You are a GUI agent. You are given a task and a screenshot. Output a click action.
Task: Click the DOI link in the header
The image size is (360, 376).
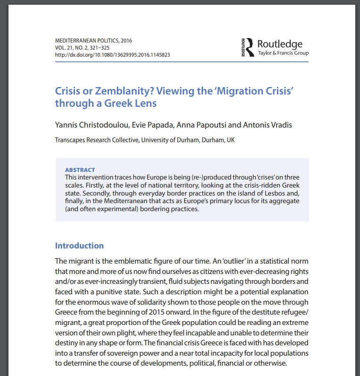coord(112,55)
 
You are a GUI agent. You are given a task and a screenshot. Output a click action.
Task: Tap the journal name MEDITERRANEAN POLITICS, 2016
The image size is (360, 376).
coord(93,41)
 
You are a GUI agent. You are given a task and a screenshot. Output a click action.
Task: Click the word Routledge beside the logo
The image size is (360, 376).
coord(280,44)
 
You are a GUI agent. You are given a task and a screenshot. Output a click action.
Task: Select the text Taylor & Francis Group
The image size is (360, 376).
coord(283,53)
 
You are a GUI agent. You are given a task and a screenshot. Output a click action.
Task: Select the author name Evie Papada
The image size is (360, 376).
coord(147,125)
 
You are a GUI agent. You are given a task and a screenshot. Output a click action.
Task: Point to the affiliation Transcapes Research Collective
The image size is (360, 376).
coord(96,140)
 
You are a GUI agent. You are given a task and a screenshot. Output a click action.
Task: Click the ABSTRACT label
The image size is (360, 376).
coord(80,170)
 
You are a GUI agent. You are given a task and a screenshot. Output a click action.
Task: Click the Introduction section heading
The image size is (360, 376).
coord(79,246)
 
